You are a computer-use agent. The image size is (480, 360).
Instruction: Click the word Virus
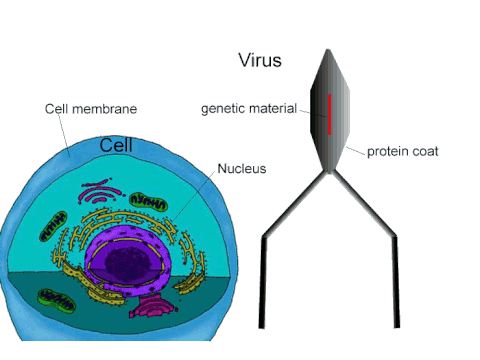[258, 60]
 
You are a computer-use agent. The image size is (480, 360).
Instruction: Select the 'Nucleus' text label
[243, 168]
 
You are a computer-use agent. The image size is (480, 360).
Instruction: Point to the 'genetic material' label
[248, 108]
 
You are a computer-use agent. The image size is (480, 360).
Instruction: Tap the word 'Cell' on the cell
[117, 146]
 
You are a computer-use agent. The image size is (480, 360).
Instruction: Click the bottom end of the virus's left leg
[263, 322]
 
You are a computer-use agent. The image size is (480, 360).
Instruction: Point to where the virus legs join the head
[327, 172]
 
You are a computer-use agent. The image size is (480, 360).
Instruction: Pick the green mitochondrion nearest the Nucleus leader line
[150, 203]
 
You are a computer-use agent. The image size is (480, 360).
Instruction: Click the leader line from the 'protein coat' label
[355, 150]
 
